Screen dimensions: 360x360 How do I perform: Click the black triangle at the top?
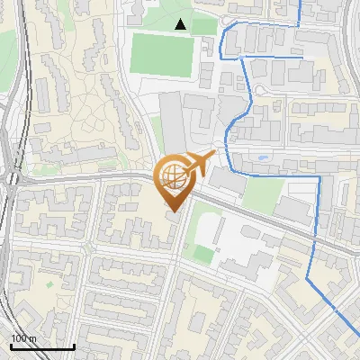point(181,24)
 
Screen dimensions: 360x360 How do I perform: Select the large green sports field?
point(163,54)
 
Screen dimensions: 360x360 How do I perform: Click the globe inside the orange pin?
point(175,177)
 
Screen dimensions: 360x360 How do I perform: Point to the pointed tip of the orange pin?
point(175,211)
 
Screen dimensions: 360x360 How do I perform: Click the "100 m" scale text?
point(24,338)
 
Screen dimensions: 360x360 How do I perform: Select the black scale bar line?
point(42,346)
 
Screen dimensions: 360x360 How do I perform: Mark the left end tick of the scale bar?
point(12,345)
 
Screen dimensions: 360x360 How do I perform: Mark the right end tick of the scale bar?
point(73,345)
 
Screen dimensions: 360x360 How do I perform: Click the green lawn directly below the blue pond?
point(262,193)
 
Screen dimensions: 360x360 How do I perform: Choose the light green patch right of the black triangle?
point(204,25)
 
